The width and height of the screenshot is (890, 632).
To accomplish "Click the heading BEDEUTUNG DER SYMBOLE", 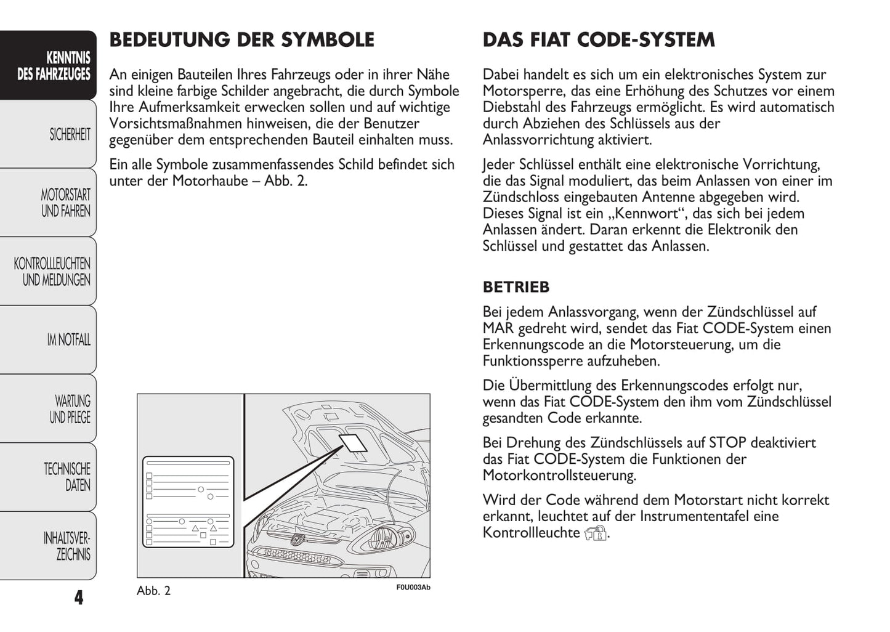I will click(x=241, y=40).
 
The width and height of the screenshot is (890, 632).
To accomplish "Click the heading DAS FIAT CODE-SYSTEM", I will click(x=599, y=40).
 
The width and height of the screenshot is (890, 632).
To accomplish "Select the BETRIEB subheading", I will click(x=516, y=287).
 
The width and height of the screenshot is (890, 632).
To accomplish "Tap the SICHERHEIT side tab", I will click(x=70, y=134).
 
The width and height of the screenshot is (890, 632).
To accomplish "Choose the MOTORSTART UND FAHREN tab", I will click(x=65, y=203).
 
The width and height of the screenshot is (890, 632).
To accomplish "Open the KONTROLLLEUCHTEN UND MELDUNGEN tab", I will click(x=52, y=272).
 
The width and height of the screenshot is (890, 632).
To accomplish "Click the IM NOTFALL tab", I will click(x=68, y=339).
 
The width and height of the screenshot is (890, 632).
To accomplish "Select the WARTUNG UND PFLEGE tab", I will click(x=70, y=409).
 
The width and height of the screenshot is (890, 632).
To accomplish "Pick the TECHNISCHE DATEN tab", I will click(x=67, y=477).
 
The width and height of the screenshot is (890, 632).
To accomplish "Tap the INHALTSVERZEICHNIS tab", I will click(x=67, y=546).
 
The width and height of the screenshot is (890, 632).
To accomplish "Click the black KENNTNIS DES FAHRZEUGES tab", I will click(x=54, y=67).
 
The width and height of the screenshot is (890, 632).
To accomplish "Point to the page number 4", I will click(x=78, y=598).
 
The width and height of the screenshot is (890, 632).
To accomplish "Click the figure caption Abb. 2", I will click(x=153, y=591).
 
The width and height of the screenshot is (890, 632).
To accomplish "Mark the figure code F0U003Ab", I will click(x=413, y=587).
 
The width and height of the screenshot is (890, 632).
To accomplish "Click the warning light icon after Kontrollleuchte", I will click(x=596, y=533).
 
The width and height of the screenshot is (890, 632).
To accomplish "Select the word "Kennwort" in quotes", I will click(x=634, y=214).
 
